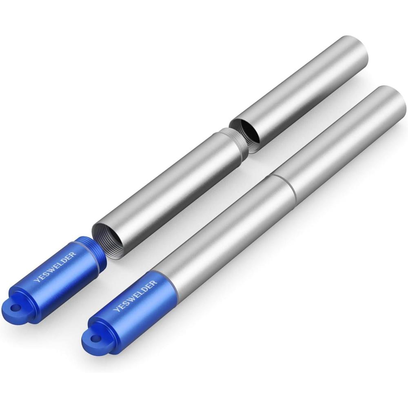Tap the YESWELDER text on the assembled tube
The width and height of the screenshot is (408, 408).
click(x=135, y=295)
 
